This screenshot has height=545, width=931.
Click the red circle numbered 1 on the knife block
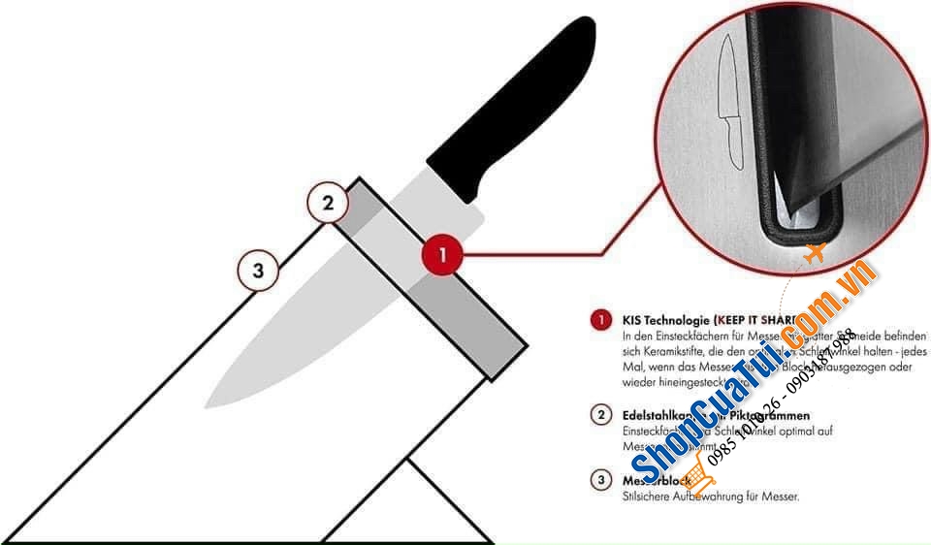[x=442, y=256]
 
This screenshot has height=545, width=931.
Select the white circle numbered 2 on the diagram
[x=328, y=204]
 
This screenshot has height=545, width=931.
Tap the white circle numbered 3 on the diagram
[x=258, y=271]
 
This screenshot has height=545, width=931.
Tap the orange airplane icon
[x=814, y=254]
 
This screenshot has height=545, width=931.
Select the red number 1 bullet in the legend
[x=601, y=319]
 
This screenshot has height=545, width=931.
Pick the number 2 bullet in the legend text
[x=601, y=415]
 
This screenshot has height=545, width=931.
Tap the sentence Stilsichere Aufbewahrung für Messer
[x=711, y=497]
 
